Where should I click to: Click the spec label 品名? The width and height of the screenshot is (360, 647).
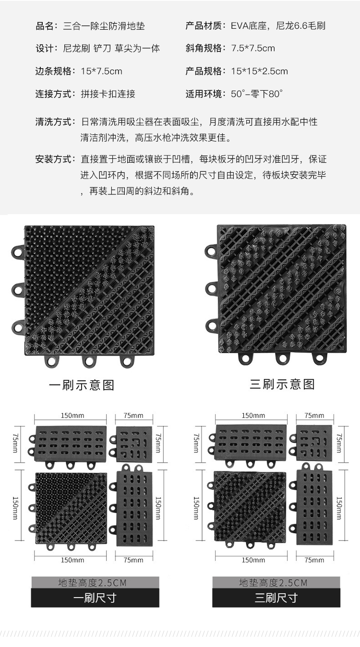pyautogui.click(x=44, y=26)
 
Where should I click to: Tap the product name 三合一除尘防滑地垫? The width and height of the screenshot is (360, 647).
pyautogui.click(x=104, y=26)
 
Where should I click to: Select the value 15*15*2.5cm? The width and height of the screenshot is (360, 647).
pyautogui.click(x=260, y=72)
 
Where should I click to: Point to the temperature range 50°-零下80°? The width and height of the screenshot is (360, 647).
pyautogui.click(x=257, y=94)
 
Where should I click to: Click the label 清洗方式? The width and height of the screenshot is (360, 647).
pyautogui.click(x=53, y=122)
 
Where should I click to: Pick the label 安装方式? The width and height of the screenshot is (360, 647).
pyautogui.click(x=53, y=159)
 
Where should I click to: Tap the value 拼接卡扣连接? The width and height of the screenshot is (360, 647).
pyautogui.click(x=108, y=94)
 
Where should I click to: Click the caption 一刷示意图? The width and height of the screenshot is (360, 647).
pyautogui.click(x=82, y=385)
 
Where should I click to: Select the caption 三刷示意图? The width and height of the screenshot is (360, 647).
pyautogui.click(x=282, y=384)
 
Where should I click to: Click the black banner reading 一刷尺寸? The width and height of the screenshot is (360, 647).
pyautogui.click(x=95, y=598)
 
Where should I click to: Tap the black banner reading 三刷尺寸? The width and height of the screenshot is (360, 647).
pyautogui.click(x=276, y=598)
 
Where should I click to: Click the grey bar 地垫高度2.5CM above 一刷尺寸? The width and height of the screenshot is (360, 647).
pyautogui.click(x=95, y=582)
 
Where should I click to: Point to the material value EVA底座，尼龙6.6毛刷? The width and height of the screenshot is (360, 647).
pyautogui.click(x=278, y=26)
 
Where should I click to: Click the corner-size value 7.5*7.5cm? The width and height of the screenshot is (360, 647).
pyautogui.click(x=253, y=48)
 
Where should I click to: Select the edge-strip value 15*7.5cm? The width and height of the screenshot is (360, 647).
pyautogui.click(x=101, y=72)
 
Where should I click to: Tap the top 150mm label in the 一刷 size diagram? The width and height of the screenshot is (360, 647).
pyautogui.click(x=72, y=416)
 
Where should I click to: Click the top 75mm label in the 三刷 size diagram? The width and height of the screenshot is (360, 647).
pyautogui.click(x=314, y=416)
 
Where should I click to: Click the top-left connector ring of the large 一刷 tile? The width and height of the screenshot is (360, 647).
pyautogui.click(x=17, y=251)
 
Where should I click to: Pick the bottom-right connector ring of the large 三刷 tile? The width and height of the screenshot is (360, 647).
pyautogui.click(x=319, y=358)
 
